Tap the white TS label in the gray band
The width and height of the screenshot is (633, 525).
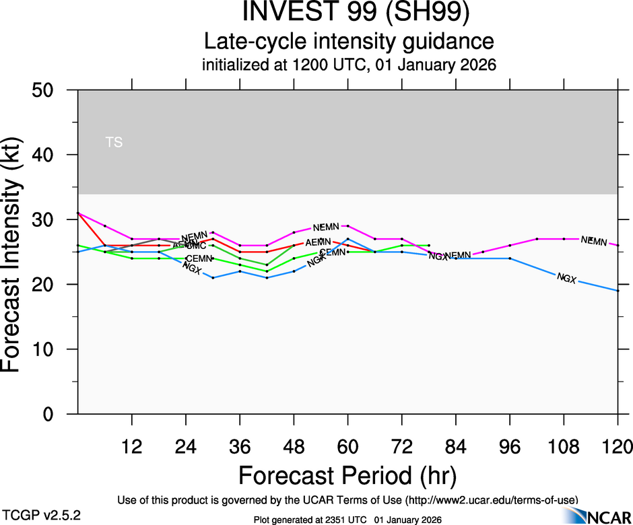(114, 142)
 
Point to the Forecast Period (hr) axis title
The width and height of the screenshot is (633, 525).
(347, 475)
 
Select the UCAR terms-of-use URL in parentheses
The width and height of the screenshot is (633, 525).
(491, 499)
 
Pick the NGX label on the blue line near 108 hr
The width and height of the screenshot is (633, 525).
(566, 278)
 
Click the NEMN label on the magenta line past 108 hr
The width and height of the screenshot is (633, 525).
(594, 241)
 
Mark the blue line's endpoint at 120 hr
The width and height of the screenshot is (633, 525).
(618, 291)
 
